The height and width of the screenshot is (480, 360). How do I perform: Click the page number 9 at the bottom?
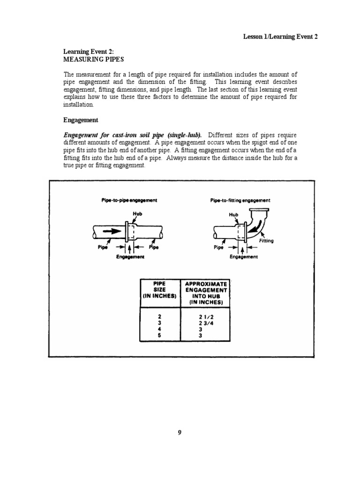point(180,433)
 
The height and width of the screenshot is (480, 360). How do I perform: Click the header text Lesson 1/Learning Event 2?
point(280,37)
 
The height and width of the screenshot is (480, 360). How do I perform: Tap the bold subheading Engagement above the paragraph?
point(81,120)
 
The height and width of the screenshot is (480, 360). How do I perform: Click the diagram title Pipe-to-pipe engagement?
point(129,200)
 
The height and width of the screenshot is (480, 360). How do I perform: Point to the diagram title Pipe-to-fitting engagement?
point(240,200)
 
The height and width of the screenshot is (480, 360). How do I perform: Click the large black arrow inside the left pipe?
point(107,231)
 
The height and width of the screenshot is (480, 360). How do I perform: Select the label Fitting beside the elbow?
point(266,241)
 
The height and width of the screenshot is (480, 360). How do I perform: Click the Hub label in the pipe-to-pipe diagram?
point(137,214)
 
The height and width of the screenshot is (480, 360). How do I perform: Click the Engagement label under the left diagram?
point(130,256)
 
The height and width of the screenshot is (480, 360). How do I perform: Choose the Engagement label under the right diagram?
point(243,256)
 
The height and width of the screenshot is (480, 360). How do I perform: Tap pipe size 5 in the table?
point(159,336)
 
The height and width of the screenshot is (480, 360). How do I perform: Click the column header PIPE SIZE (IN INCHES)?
point(160,290)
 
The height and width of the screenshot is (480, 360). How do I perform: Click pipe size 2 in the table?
point(159,316)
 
